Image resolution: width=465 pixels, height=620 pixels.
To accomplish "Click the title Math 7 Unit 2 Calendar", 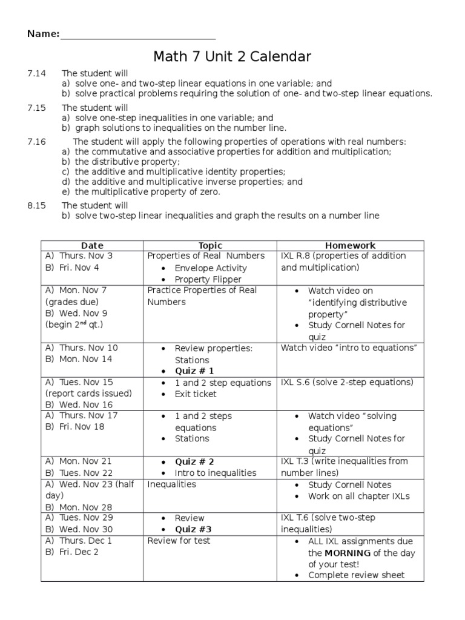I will pos(232,58).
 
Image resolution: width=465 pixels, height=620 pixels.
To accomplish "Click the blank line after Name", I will pos(137,35).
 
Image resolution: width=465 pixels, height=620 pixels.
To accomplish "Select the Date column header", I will pos(92,245).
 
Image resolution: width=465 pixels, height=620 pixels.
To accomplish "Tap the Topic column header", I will pos(210,245).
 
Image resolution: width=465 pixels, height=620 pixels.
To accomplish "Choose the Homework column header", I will pos(350,245).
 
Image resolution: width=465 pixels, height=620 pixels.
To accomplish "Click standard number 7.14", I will pos(36,73).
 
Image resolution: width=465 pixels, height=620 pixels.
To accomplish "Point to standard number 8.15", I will pos(36,206).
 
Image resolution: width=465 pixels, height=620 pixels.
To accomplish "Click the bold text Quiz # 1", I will pos(194,371).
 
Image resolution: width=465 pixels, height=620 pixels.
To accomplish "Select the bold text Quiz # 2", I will pos(194,461).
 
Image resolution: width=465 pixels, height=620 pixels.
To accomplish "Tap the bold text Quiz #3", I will pos(193,529).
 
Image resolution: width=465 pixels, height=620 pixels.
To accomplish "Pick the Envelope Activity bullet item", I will pos(211,268).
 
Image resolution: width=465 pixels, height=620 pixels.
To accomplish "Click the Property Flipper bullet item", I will pos(208,280).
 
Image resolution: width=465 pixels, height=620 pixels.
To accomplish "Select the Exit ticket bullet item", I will pos(196,394).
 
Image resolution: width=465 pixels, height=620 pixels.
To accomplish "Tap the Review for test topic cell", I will pos(179,541).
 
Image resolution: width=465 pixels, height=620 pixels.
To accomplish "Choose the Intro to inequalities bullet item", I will pos(216,473).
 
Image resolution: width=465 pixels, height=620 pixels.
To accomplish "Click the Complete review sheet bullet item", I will pos(357,575).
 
